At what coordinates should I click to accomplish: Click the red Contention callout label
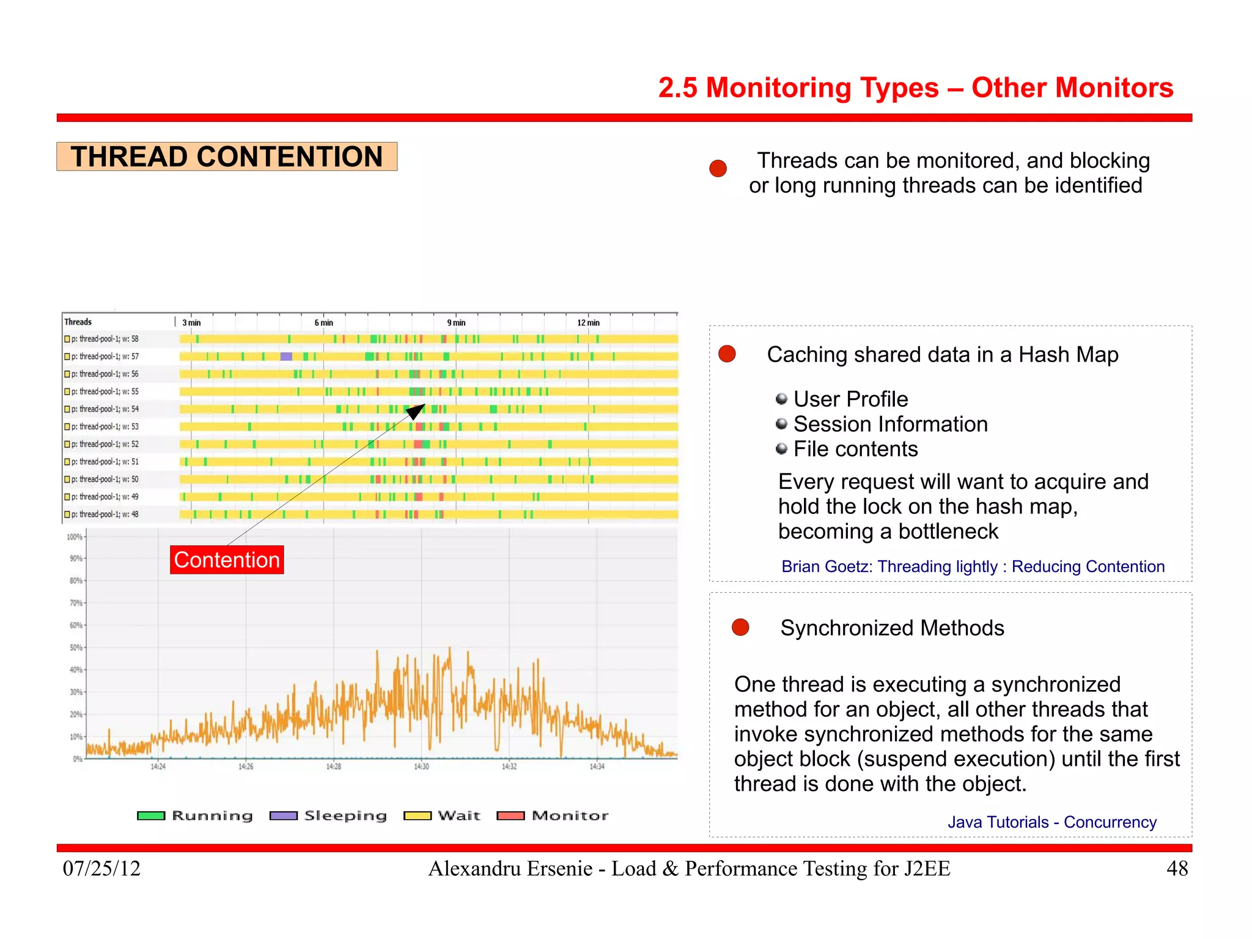[x=227, y=560]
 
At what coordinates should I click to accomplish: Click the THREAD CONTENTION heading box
[x=227, y=157]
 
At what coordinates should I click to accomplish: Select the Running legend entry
[x=195, y=815]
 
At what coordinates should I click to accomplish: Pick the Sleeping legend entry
[x=328, y=815]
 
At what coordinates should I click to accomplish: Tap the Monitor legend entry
[x=553, y=815]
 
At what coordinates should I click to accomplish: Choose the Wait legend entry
[x=442, y=815]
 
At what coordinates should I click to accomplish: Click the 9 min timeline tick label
[x=456, y=323]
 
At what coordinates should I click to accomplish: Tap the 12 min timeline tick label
[x=588, y=323]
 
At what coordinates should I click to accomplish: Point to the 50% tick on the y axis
[x=76, y=647]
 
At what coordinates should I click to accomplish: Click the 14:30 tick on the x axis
[x=421, y=766]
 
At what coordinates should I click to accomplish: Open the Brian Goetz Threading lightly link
[x=973, y=566]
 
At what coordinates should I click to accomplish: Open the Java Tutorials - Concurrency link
[x=1051, y=822]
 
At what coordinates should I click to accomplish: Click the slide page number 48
[x=1177, y=868]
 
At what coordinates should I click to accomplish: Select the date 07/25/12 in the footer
[x=101, y=868]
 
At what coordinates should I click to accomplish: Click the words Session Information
[x=890, y=424]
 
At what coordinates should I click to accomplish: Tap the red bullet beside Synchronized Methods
[x=740, y=627]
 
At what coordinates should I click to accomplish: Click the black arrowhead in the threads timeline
[x=416, y=411]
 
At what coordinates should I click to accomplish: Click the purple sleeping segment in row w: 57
[x=286, y=357]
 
